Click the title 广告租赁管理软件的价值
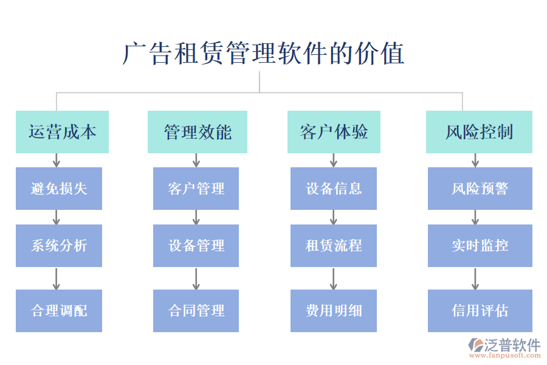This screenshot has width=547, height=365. [x=263, y=54]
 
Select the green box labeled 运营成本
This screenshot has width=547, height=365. [x=62, y=132]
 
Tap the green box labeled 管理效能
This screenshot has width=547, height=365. [x=198, y=132]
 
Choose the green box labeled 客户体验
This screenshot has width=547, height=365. [x=334, y=132]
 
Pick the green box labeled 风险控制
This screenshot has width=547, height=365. [x=479, y=132]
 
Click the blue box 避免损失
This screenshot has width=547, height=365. [x=59, y=189]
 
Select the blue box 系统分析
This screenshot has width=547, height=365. [x=59, y=246]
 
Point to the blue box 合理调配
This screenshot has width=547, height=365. [x=59, y=311]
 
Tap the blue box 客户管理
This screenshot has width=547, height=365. [x=196, y=189]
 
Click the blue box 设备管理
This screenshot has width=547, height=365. [x=196, y=246]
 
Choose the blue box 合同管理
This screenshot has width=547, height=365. [x=196, y=311]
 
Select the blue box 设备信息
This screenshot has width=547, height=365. [x=334, y=189]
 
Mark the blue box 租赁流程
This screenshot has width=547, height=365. [x=334, y=246]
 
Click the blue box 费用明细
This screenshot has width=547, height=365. [x=334, y=311]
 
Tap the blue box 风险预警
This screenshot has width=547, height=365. [x=480, y=189]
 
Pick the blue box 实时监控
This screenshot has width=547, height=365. [x=480, y=246]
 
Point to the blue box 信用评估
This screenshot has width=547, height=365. [x=480, y=311]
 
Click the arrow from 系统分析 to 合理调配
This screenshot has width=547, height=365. [x=57, y=278]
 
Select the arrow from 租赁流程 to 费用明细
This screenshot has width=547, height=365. [x=334, y=278]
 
